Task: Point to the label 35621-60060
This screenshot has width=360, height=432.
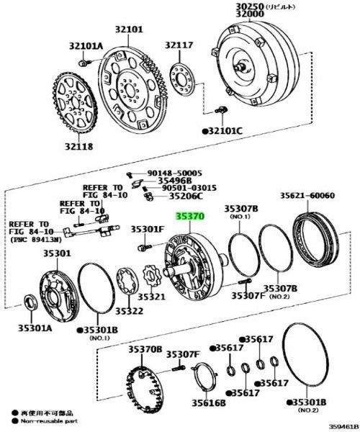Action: [307, 195]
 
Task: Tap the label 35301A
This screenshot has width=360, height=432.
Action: [30, 325]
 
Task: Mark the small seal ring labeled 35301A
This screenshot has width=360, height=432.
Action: [32, 300]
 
